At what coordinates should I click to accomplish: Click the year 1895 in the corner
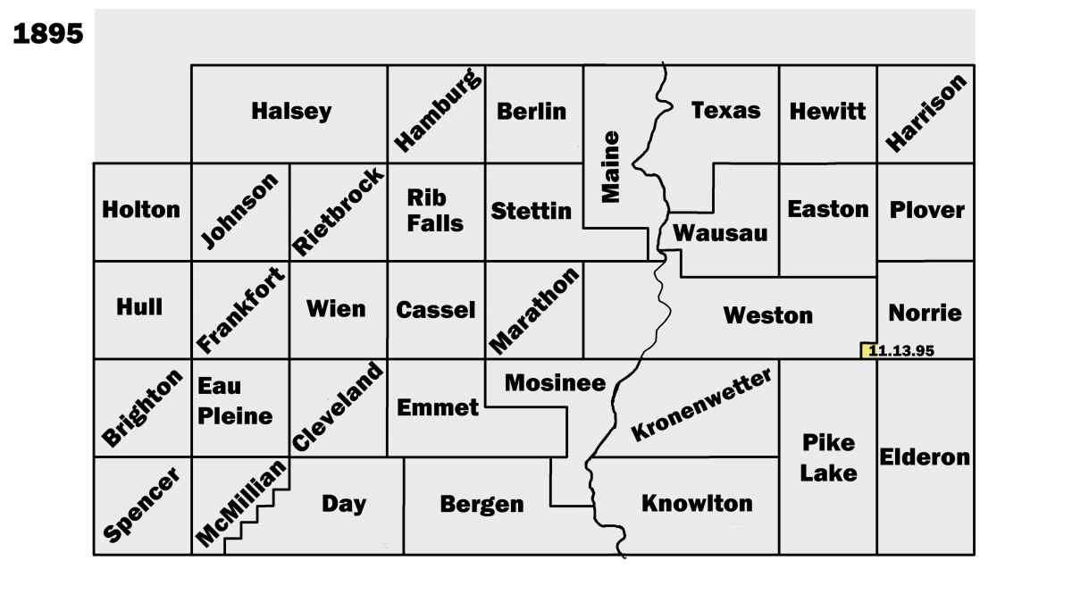[x=48, y=34]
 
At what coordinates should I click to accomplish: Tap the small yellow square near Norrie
[x=867, y=350]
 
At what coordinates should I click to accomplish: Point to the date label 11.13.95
[x=902, y=351]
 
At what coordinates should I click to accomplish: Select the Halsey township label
[x=291, y=112]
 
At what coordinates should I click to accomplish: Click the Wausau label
[x=720, y=233]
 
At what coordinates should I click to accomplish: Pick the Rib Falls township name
[x=435, y=210]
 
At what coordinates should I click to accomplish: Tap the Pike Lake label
[x=827, y=457]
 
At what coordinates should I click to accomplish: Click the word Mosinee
[x=555, y=383]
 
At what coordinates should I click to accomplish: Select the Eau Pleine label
[x=235, y=402]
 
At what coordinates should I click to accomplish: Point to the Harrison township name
[x=925, y=113]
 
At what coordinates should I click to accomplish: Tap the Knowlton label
[x=697, y=503]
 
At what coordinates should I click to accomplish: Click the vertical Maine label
[x=610, y=167]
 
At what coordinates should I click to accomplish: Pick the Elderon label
[x=925, y=456]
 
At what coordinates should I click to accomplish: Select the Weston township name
[x=768, y=315]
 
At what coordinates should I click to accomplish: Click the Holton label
[x=141, y=210]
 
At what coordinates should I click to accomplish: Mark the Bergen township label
[x=482, y=505]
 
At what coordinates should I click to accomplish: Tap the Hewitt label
[x=827, y=112]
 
